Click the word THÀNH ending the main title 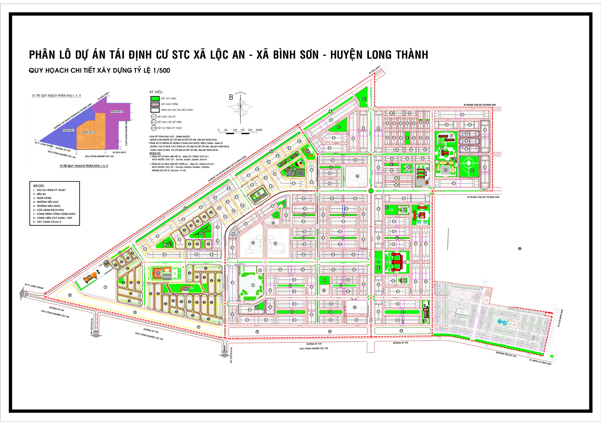[412, 55]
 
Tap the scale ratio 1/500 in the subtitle [162, 70]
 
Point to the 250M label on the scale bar [259, 130]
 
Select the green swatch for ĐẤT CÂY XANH [155, 98]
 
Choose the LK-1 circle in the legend [154, 117]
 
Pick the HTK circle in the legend [154, 128]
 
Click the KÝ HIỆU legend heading [157, 92]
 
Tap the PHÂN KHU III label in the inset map [117, 112]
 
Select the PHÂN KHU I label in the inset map [68, 130]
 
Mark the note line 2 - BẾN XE [39, 194]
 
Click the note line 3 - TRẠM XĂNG [42, 198]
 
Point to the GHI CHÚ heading [39, 185]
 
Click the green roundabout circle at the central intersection [371, 191]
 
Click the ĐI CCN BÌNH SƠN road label [560, 318]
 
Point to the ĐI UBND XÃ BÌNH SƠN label [540, 362]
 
